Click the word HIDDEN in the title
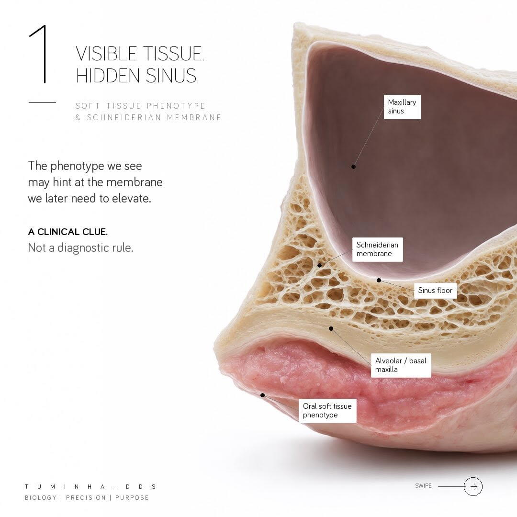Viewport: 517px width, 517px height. coord(108,76)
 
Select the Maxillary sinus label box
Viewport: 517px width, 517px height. coord(402,107)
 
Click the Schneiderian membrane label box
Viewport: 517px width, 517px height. coord(378,249)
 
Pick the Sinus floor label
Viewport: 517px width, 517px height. coord(435,291)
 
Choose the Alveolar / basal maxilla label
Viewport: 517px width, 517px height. coord(401,365)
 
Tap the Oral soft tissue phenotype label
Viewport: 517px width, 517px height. coord(327,411)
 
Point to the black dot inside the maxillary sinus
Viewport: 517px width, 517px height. coord(353,167)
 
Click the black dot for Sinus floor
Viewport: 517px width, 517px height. coord(379,280)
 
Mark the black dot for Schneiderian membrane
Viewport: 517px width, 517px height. coord(319,265)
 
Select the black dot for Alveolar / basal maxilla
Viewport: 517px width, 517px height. coord(331,329)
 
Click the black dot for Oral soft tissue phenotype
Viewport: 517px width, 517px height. coord(262,395)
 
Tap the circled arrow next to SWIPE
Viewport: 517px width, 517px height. coord(473,486)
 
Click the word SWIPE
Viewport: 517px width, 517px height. coord(423,486)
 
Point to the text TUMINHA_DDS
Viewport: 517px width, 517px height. coord(90,487)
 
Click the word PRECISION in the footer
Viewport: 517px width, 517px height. coord(86,497)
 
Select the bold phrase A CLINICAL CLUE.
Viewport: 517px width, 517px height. coord(68,232)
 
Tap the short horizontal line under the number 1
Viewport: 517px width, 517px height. coord(42,102)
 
